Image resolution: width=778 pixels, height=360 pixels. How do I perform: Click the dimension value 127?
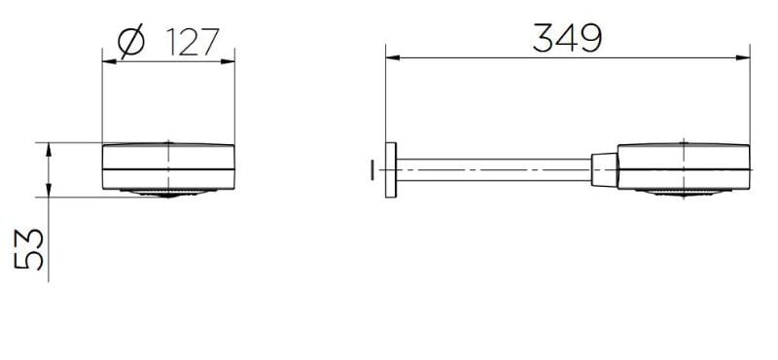[193, 42]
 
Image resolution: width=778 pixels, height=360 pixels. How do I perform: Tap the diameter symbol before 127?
[131, 41]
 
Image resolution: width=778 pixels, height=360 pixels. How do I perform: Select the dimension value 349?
[567, 38]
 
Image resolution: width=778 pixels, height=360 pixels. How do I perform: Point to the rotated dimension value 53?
[29, 249]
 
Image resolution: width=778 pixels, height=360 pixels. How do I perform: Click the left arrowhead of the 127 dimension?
[109, 61]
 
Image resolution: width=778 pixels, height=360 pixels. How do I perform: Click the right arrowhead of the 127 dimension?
[228, 61]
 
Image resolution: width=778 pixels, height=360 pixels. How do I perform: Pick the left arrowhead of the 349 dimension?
[393, 57]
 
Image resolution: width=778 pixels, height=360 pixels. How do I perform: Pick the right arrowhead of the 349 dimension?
[743, 57]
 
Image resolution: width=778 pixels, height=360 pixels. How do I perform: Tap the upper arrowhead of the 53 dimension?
[49, 150]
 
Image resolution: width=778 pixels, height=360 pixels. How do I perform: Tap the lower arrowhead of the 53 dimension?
[49, 190]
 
